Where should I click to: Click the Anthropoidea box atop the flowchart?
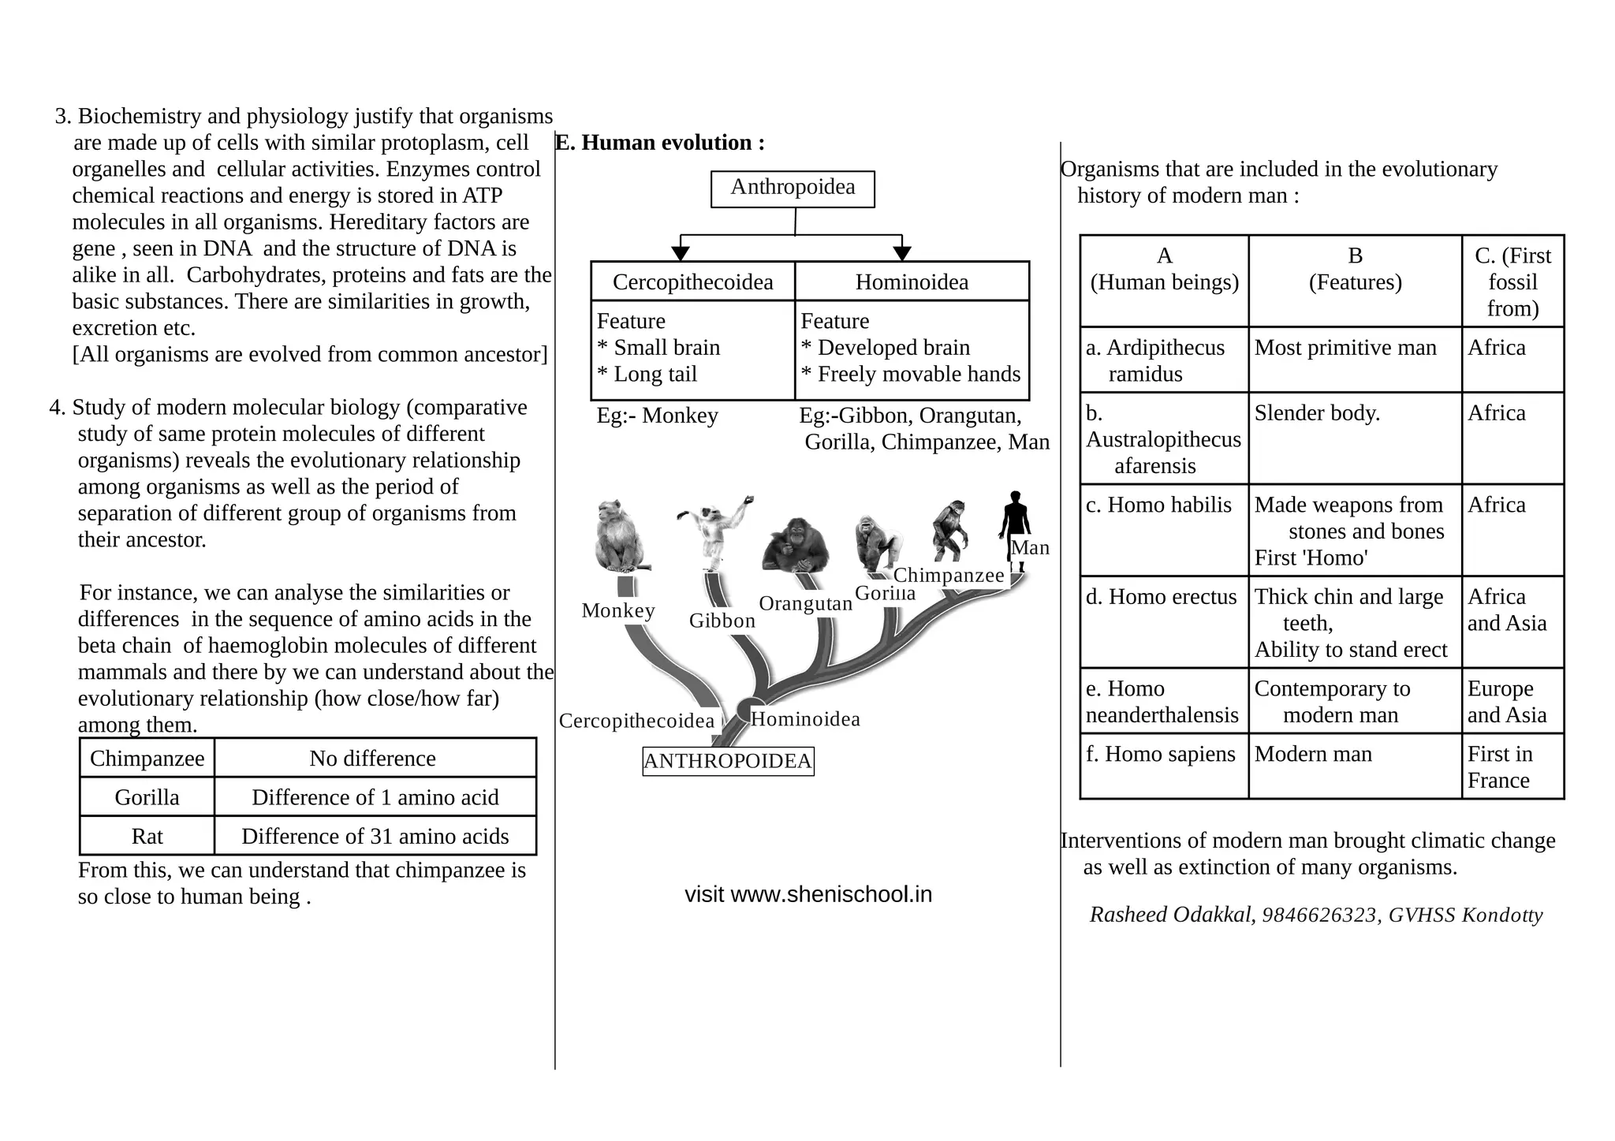(x=793, y=188)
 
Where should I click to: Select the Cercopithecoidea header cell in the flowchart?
(x=692, y=282)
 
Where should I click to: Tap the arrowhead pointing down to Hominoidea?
(x=902, y=253)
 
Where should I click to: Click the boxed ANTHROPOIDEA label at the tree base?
(x=727, y=761)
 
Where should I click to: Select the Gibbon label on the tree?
(x=722, y=621)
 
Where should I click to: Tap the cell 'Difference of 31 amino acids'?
(x=375, y=836)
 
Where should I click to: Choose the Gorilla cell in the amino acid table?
(x=147, y=797)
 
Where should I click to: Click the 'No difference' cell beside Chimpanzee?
(x=373, y=759)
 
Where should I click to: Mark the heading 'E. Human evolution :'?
(x=660, y=143)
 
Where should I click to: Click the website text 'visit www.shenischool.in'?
(x=808, y=894)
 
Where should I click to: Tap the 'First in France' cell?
(x=1512, y=766)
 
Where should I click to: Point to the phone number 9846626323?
(x=1318, y=915)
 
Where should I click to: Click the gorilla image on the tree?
(x=877, y=542)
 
